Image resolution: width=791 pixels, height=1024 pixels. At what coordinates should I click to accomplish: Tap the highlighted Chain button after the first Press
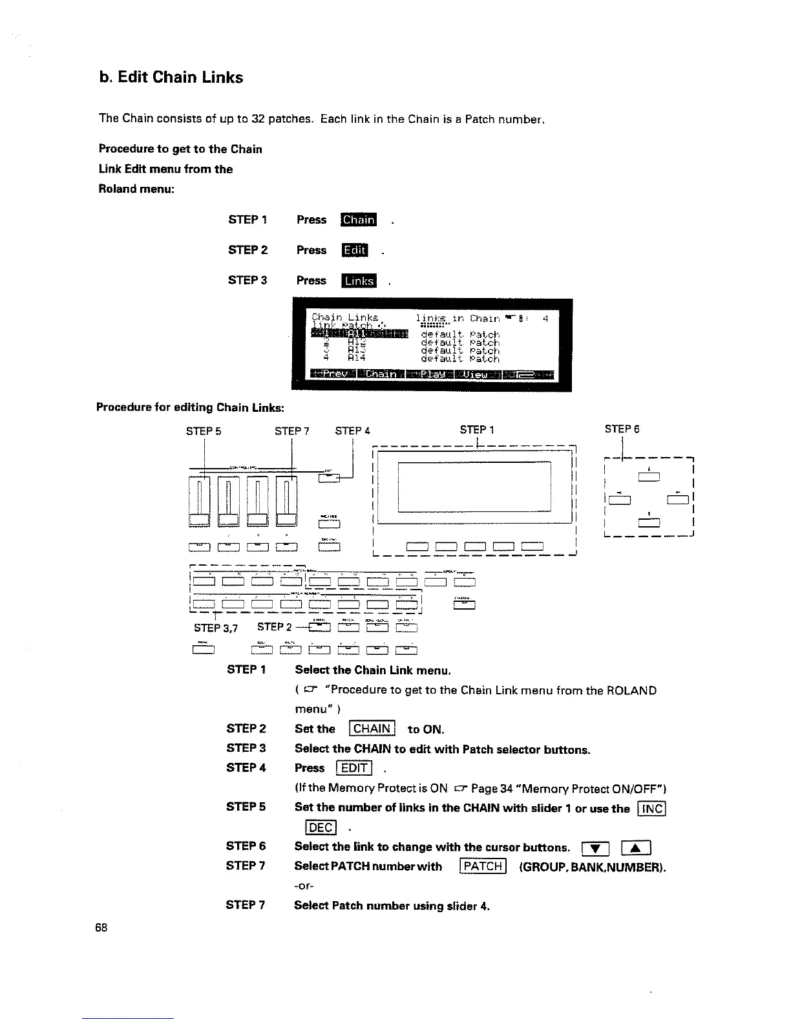tap(359, 220)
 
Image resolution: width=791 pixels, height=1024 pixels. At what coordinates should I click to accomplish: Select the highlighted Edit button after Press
tap(355, 250)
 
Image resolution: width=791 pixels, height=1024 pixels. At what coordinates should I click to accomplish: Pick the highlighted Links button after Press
tap(359, 281)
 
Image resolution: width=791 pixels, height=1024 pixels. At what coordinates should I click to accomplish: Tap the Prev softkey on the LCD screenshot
tap(332, 374)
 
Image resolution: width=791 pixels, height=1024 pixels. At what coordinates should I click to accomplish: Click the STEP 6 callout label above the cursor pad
tap(622, 429)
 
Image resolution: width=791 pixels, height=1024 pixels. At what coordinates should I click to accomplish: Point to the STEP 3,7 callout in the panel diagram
tap(216, 628)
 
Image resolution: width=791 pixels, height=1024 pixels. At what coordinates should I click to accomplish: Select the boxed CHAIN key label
tap(372, 729)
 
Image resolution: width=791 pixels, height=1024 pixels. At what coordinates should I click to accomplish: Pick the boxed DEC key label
tap(320, 828)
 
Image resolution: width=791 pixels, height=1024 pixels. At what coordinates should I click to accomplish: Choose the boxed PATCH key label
tap(483, 866)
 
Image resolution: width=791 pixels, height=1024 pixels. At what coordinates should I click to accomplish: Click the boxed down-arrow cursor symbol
tap(593, 848)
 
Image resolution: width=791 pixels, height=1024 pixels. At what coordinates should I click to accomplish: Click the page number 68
tap(101, 928)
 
